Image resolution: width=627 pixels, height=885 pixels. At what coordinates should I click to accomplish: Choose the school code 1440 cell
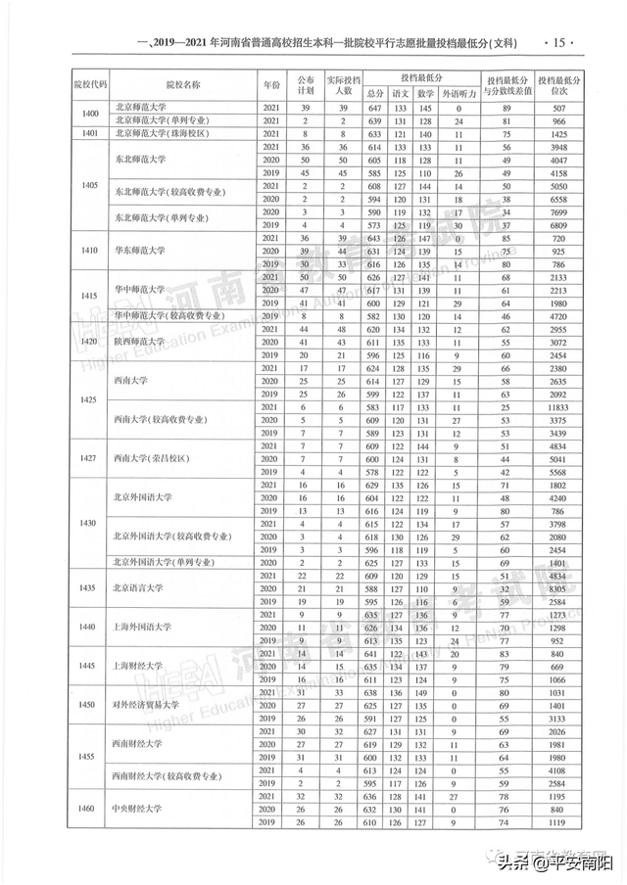89,627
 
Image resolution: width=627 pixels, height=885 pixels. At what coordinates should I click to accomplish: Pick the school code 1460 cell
89,810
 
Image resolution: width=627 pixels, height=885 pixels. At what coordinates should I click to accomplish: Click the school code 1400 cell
89,114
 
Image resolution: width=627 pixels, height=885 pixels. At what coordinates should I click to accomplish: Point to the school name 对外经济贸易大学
144,705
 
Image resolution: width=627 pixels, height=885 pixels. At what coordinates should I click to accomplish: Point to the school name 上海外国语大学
141,627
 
